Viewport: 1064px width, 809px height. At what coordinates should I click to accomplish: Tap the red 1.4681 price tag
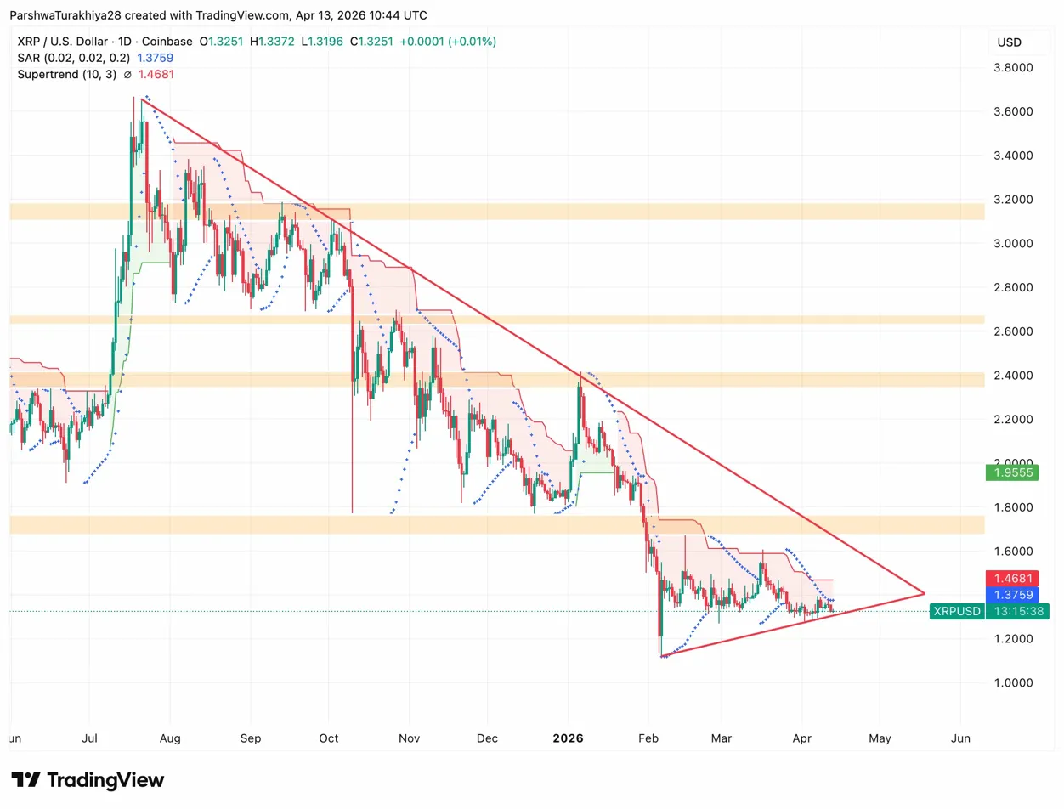(1016, 578)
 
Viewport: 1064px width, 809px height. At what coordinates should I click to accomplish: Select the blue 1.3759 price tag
(1016, 594)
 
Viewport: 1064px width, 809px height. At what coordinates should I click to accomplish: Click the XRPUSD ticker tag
(957, 611)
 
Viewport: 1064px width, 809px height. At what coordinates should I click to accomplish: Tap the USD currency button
(1010, 42)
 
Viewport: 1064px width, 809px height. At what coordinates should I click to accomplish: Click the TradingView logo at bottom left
(88, 780)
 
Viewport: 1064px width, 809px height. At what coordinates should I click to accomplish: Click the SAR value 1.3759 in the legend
(154, 58)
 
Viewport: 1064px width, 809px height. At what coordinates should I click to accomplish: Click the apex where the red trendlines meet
(925, 592)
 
